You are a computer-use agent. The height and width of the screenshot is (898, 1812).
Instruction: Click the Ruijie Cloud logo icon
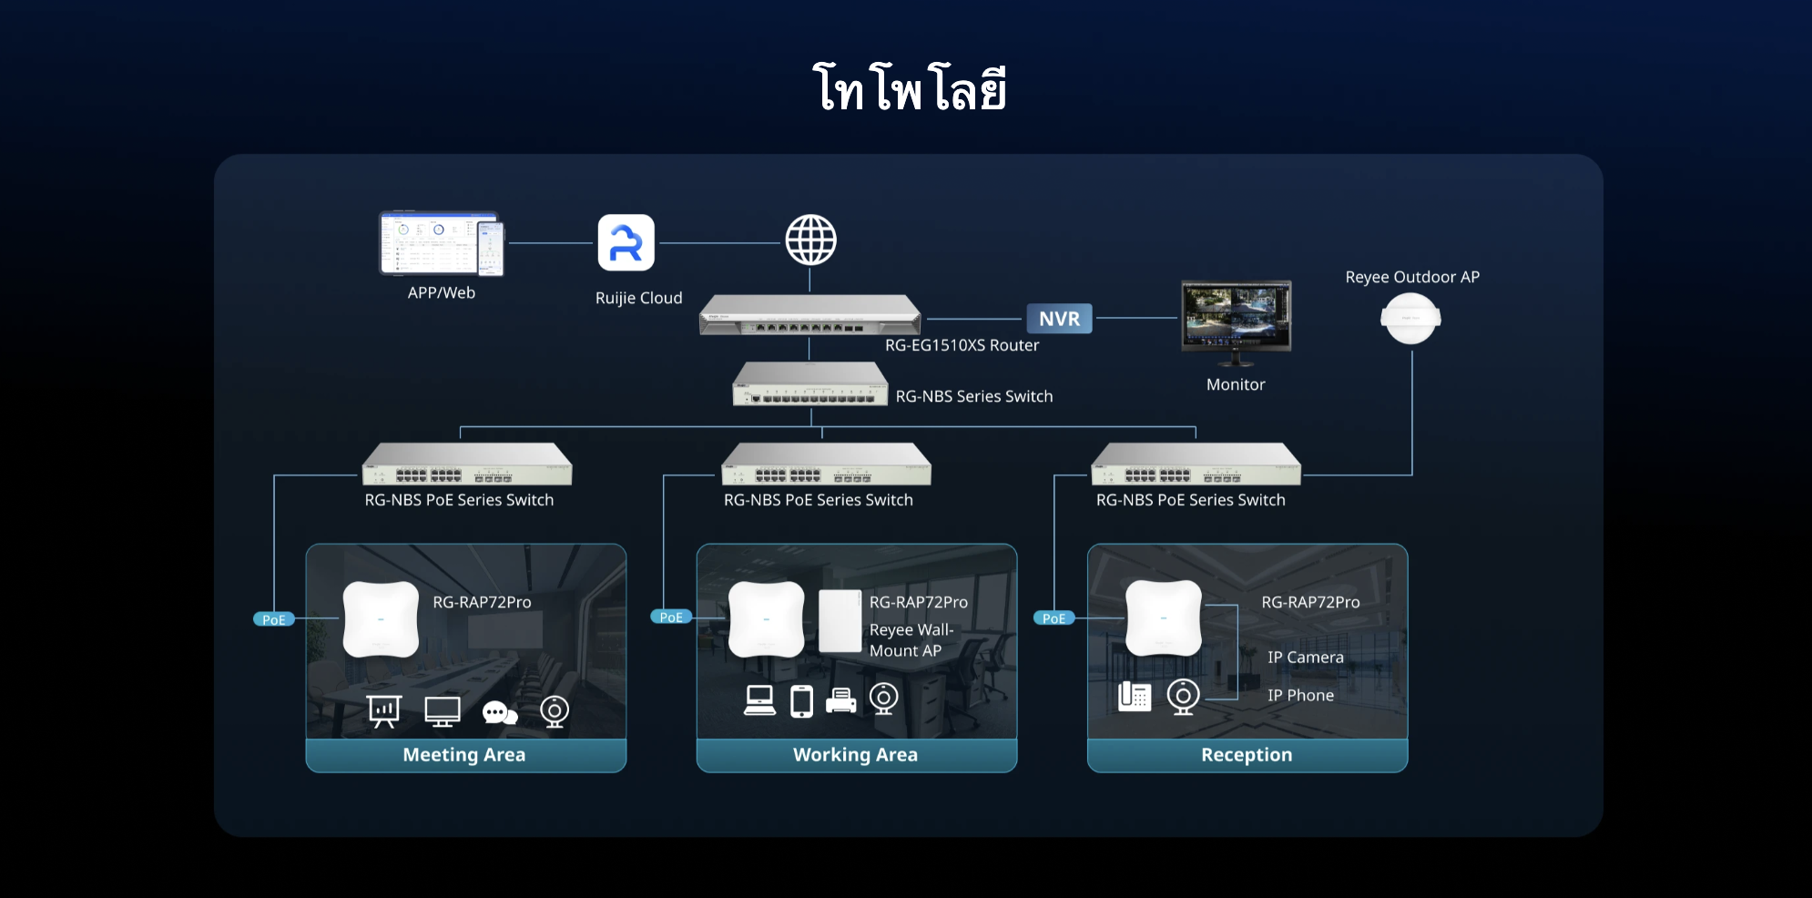tap(626, 243)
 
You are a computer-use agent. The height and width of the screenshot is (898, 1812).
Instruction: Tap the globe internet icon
tap(810, 240)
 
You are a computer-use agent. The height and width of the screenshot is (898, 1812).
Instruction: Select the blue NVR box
tap(1059, 319)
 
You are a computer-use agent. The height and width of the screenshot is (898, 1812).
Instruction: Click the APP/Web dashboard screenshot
tap(441, 244)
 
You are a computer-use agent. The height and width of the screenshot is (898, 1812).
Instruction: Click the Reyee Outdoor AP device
tap(1410, 319)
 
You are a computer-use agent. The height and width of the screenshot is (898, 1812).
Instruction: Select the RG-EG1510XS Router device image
tap(809, 315)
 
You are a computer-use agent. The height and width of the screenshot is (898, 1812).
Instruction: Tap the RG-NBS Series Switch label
tap(973, 396)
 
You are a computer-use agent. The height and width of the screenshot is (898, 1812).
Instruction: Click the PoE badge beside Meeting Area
tap(273, 619)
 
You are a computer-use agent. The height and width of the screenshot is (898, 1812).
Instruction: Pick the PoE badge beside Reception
tap(1054, 618)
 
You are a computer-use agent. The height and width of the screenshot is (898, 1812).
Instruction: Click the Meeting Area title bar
tap(464, 755)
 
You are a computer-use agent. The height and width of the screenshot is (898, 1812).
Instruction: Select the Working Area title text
tap(855, 755)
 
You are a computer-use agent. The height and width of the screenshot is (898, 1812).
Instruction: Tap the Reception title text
tap(1246, 755)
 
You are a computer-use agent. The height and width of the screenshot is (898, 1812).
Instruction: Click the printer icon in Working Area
tap(840, 700)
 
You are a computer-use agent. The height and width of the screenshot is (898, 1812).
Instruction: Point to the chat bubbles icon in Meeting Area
tap(499, 712)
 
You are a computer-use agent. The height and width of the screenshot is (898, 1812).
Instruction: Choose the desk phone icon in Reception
tap(1135, 697)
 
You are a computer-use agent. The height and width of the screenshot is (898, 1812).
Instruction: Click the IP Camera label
tap(1305, 658)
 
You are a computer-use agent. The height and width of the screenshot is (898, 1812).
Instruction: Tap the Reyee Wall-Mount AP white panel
tap(840, 621)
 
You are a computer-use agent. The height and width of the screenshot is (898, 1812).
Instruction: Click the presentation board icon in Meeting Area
tap(384, 711)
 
